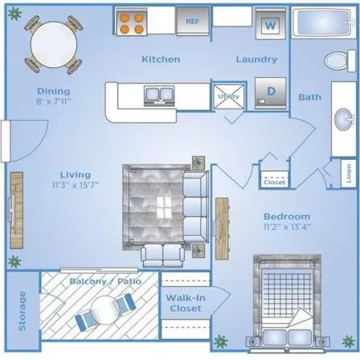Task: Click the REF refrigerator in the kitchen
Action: pyautogui.click(x=193, y=21)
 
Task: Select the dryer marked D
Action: pyautogui.click(x=271, y=93)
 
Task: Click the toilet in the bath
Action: pyautogui.click(x=340, y=60)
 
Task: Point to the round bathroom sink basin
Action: pyautogui.click(x=344, y=120)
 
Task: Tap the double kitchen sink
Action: pyautogui.click(x=159, y=96)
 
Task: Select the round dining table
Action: pyautogui.click(x=54, y=44)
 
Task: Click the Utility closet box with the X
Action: pyautogui.click(x=229, y=96)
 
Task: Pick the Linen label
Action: pyautogui.click(x=349, y=174)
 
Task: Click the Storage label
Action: pyautogui.click(x=22, y=311)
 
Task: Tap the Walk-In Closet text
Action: pyautogui.click(x=186, y=303)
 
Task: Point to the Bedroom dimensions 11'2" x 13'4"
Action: pyautogui.click(x=287, y=227)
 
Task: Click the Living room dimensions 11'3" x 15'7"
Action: pyautogui.click(x=76, y=185)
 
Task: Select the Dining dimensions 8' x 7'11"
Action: pyautogui.click(x=53, y=101)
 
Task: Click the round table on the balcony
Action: pyautogui.click(x=105, y=310)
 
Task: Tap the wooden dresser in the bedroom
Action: pyautogui.click(x=223, y=228)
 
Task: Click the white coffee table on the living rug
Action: pyautogui.click(x=164, y=207)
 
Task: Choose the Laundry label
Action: pyautogui.click(x=256, y=59)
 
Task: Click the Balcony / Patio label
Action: pyautogui.click(x=105, y=281)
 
